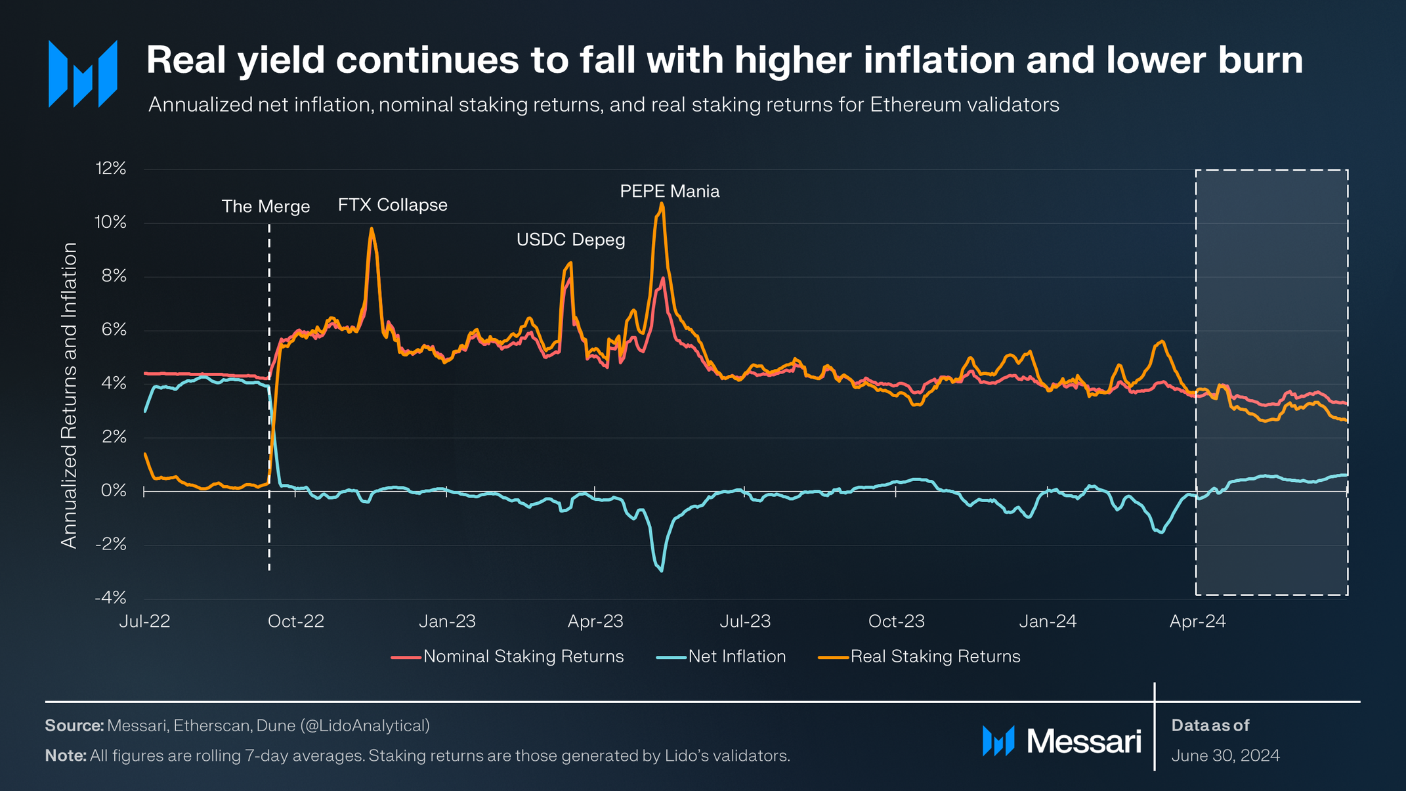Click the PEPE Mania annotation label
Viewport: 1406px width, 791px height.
click(670, 192)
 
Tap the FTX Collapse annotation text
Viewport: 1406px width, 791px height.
click(393, 205)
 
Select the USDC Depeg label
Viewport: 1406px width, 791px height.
click(570, 240)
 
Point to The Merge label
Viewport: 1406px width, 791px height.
click(266, 207)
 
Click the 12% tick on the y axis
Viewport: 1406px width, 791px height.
click(111, 169)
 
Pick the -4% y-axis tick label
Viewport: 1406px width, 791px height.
click(111, 598)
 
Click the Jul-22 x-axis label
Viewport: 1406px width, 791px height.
click(144, 622)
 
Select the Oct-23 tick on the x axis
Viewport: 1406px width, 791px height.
click(896, 622)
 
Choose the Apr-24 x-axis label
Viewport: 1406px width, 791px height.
click(1197, 622)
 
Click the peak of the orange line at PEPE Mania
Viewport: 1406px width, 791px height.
click(662, 203)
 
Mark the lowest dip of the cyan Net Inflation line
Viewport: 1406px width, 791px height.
click(662, 570)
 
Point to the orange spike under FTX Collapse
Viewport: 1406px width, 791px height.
click(372, 229)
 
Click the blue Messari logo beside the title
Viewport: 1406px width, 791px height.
click(83, 74)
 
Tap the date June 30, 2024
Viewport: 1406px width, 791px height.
click(1225, 756)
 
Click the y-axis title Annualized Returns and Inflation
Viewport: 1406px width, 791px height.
click(69, 395)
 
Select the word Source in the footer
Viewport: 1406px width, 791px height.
click(74, 726)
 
